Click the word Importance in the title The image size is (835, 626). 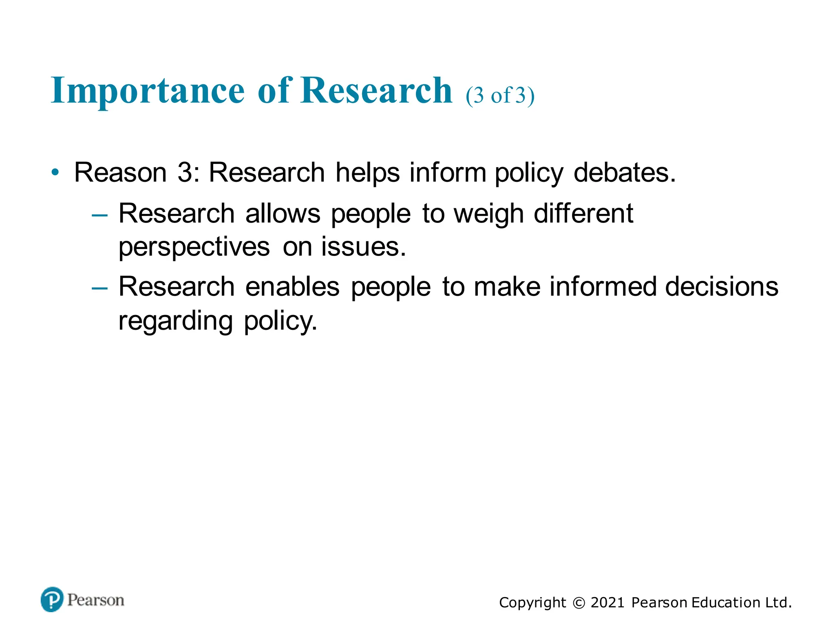[x=148, y=91]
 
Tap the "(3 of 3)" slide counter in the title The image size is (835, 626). [x=500, y=96]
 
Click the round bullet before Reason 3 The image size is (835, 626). [x=55, y=172]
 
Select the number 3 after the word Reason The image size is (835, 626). [x=185, y=172]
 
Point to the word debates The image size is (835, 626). [x=624, y=172]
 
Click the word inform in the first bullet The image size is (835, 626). [x=448, y=172]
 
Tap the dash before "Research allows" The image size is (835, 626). [x=100, y=215]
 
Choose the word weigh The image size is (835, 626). [x=488, y=214]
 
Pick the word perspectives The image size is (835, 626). [x=194, y=247]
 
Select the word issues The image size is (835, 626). [x=363, y=247]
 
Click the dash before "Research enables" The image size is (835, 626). [x=100, y=289]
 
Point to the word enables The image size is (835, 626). [x=292, y=287]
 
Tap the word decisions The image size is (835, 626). [x=722, y=287]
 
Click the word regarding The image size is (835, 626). [x=176, y=321]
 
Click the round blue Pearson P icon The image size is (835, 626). [x=52, y=600]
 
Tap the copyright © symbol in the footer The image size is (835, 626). [x=579, y=603]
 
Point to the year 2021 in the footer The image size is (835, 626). [x=607, y=603]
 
